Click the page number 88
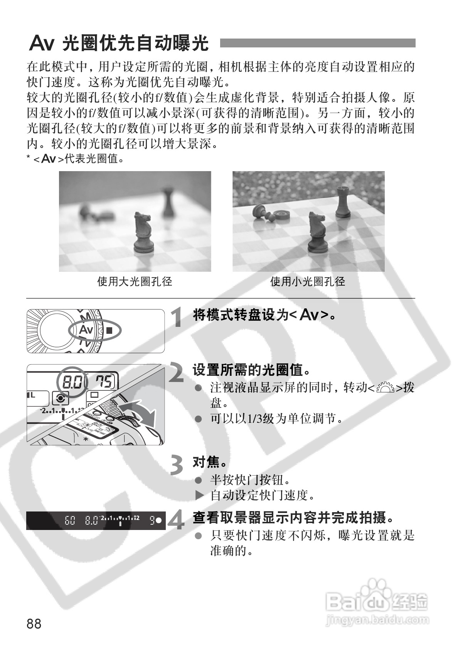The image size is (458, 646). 34,623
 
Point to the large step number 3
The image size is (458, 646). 177,465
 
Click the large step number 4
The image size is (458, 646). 177,520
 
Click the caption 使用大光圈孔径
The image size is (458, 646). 135,282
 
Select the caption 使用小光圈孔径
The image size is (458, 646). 308,282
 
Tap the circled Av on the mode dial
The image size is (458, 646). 86,330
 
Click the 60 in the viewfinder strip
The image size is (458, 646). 70,521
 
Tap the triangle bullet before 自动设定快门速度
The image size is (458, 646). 199,495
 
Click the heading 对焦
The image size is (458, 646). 209,462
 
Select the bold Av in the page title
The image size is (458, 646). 41,44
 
